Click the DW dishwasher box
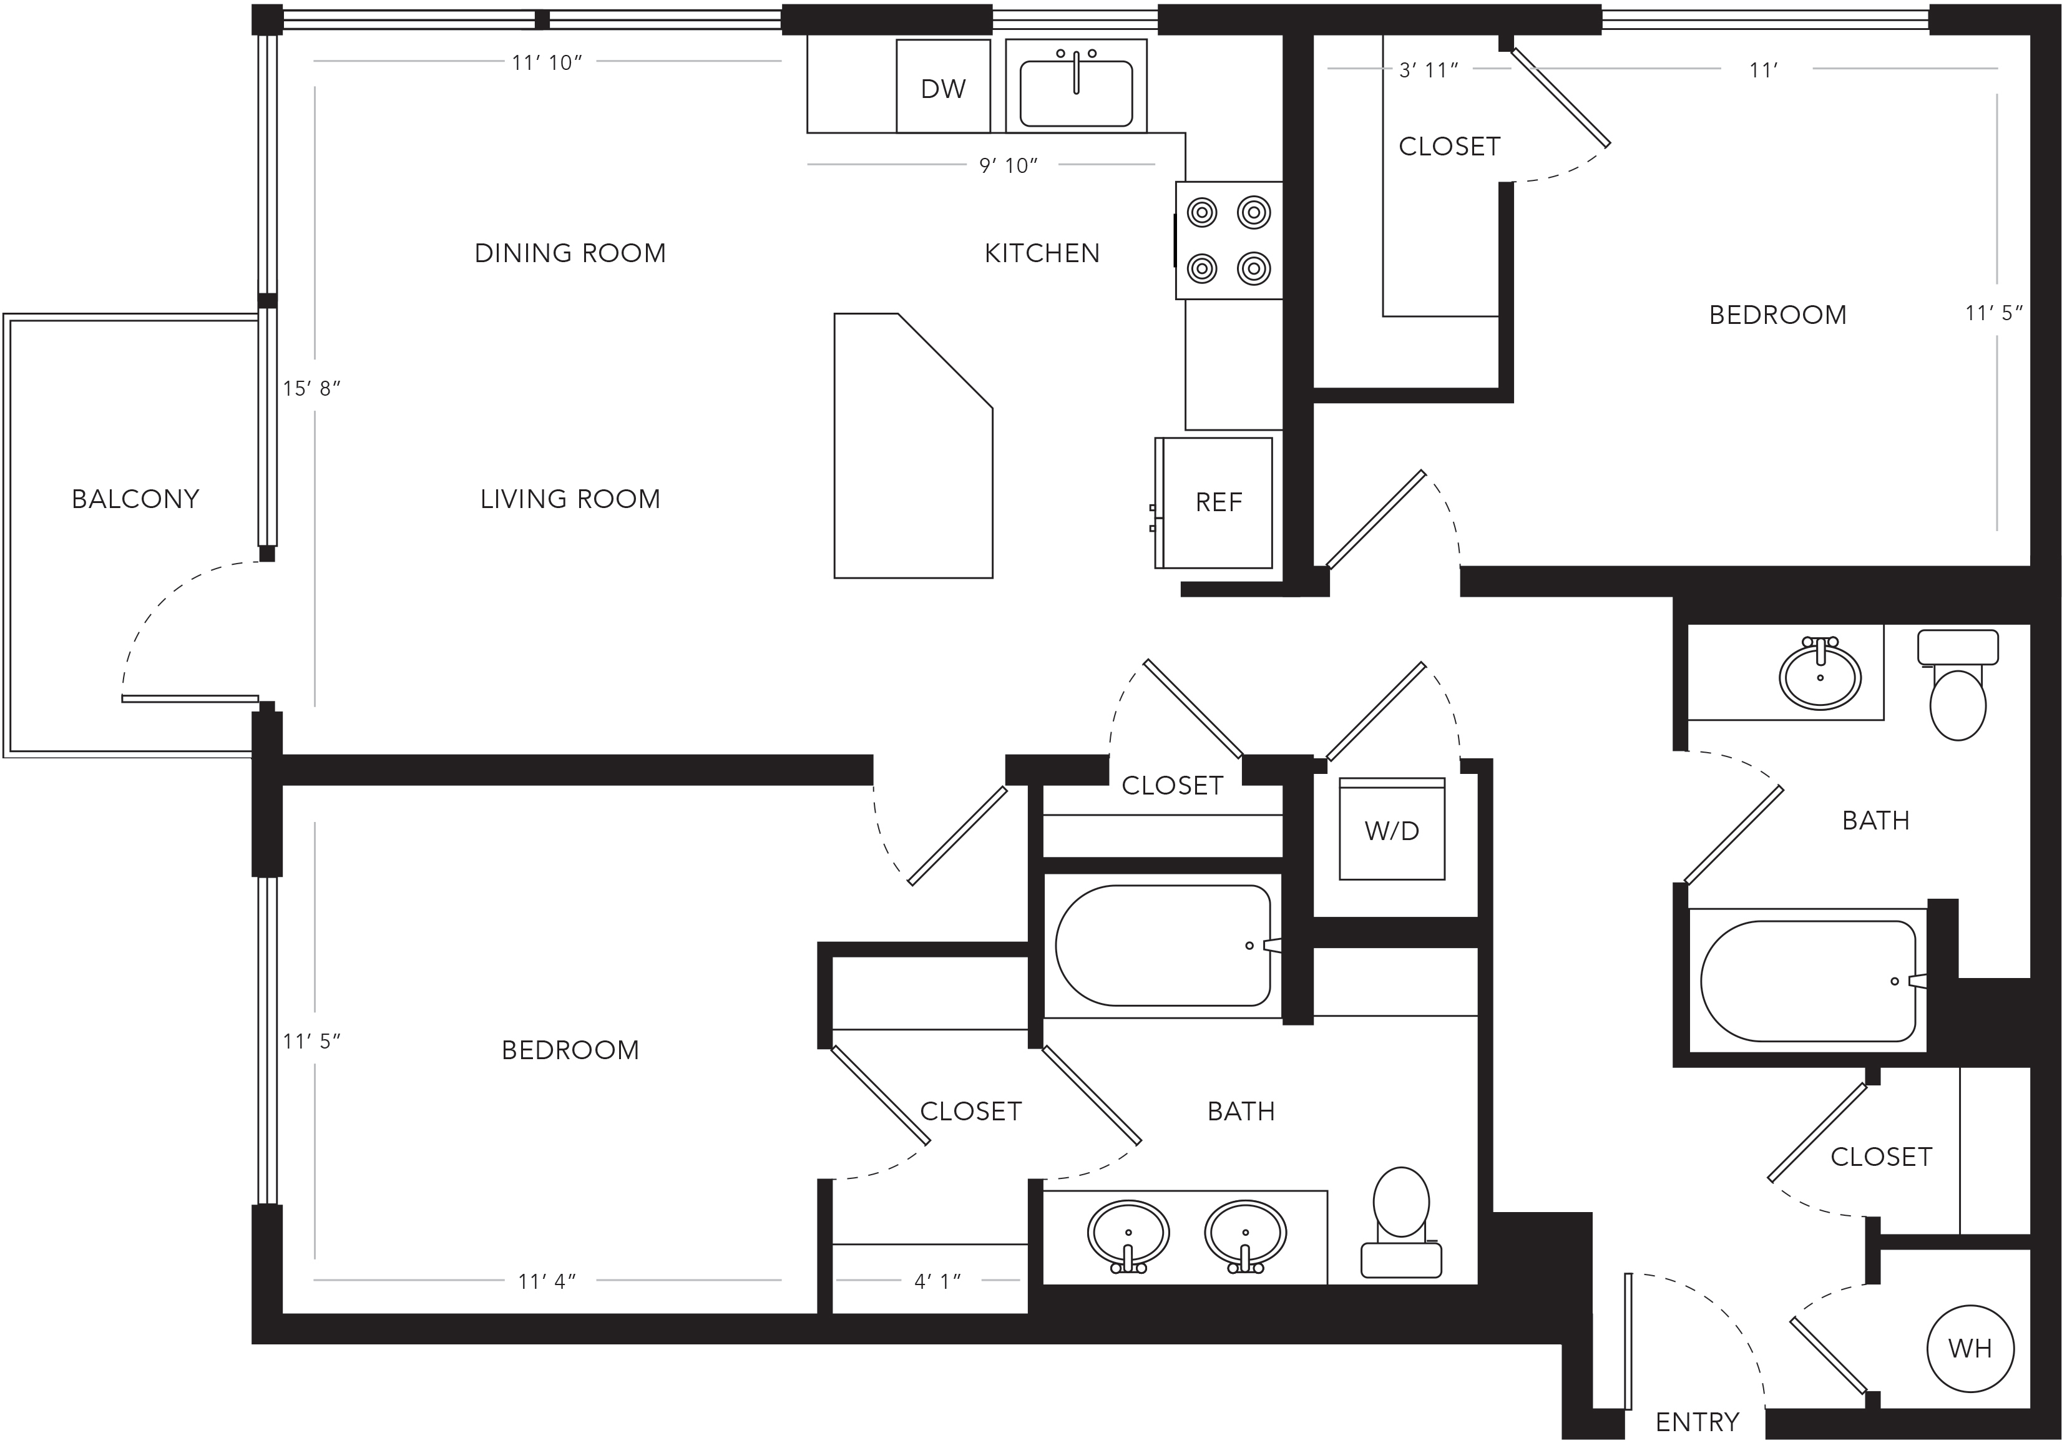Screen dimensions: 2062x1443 tap(943, 86)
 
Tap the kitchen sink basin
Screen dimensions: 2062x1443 tap(1076, 94)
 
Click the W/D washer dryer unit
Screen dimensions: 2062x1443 tap(1392, 829)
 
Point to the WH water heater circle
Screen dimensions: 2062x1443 tap(1970, 1348)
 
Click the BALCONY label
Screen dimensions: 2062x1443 tap(135, 499)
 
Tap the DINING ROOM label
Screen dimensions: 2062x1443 tap(570, 253)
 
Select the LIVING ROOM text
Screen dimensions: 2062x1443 tap(570, 499)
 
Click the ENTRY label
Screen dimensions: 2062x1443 tap(1698, 1422)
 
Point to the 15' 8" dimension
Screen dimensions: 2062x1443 tap(311, 389)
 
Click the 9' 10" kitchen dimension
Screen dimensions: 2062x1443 tap(1009, 165)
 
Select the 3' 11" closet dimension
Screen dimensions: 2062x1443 tap(1429, 70)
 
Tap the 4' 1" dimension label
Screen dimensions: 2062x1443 tap(937, 1281)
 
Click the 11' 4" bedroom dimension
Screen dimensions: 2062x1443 tap(547, 1281)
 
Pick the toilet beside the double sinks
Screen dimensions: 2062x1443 tap(1401, 1222)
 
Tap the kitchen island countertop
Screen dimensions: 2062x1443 tap(913, 446)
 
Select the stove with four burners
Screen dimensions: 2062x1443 tap(1229, 240)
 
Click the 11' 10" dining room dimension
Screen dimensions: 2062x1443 tap(547, 63)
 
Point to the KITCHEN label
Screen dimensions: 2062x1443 tap(1042, 253)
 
